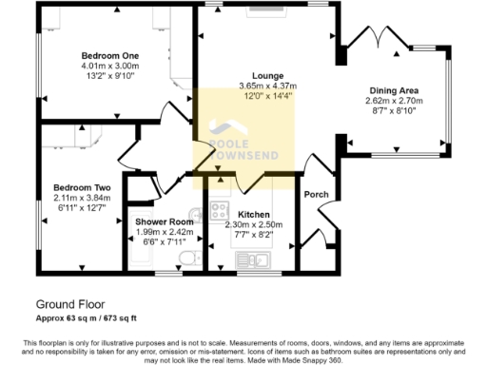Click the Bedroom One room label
tap(110, 56)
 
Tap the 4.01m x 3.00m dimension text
tap(110, 67)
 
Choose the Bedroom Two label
tap(81, 187)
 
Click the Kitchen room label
tap(256, 214)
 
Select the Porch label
tap(316, 195)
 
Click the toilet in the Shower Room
tap(186, 259)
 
